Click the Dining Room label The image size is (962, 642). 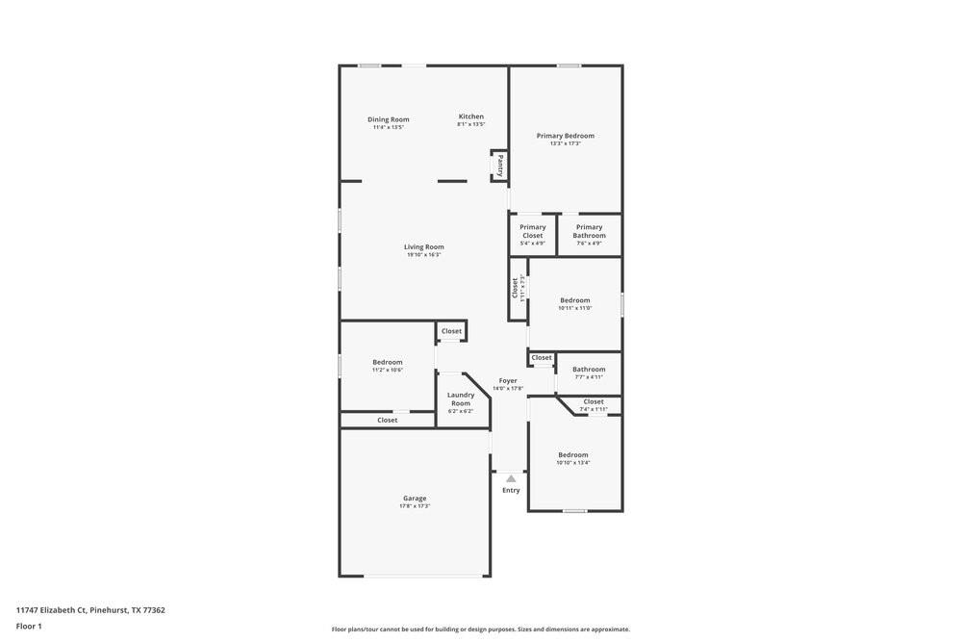click(388, 119)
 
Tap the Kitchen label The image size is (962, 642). click(470, 116)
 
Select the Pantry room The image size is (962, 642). click(499, 165)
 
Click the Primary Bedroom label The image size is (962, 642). click(565, 136)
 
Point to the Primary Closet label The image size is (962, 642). click(532, 231)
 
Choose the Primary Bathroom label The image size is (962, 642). click(589, 231)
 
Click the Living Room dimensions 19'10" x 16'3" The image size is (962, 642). click(423, 255)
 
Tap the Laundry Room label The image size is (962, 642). click(461, 398)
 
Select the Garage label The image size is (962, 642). click(415, 498)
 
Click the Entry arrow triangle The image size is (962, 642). click(511, 478)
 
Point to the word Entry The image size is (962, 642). click(511, 491)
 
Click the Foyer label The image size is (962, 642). click(508, 381)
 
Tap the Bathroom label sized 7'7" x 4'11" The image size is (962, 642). click(589, 370)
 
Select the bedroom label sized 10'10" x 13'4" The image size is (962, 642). click(572, 455)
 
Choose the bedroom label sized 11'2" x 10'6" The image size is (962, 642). click(388, 362)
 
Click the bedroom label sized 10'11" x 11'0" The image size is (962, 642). click(575, 300)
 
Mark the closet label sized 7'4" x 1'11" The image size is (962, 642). click(594, 402)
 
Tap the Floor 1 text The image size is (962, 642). click(29, 627)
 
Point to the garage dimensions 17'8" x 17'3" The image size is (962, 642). click(415, 506)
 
